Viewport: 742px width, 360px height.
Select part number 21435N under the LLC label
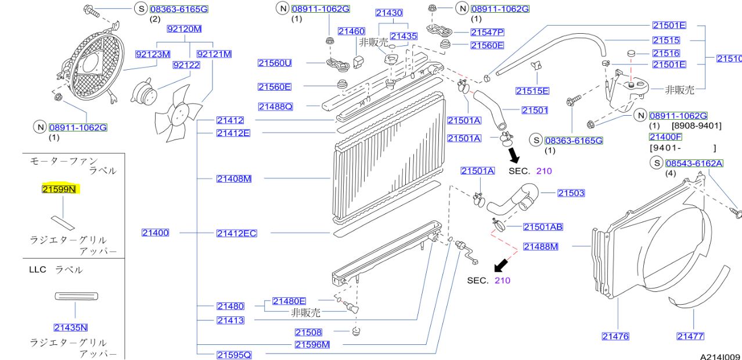click(x=70, y=327)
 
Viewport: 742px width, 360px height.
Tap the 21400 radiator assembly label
click(x=155, y=233)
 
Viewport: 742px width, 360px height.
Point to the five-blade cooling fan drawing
click(x=178, y=114)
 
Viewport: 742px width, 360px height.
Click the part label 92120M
click(x=184, y=29)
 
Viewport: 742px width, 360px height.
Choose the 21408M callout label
click(x=234, y=179)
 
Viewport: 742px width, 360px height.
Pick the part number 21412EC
click(x=236, y=233)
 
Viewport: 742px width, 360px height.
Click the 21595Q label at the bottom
click(x=234, y=354)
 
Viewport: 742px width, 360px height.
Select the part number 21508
click(x=308, y=332)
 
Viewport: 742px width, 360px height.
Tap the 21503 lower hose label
click(x=571, y=193)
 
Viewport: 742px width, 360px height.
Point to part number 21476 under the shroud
click(x=615, y=336)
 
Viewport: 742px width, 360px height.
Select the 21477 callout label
click(x=690, y=336)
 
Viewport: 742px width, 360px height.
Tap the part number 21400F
click(x=665, y=137)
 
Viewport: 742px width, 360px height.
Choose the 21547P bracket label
click(x=487, y=32)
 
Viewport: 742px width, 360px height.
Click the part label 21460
click(x=351, y=31)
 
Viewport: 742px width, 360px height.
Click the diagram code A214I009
click(x=720, y=356)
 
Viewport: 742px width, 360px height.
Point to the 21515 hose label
click(x=666, y=40)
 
